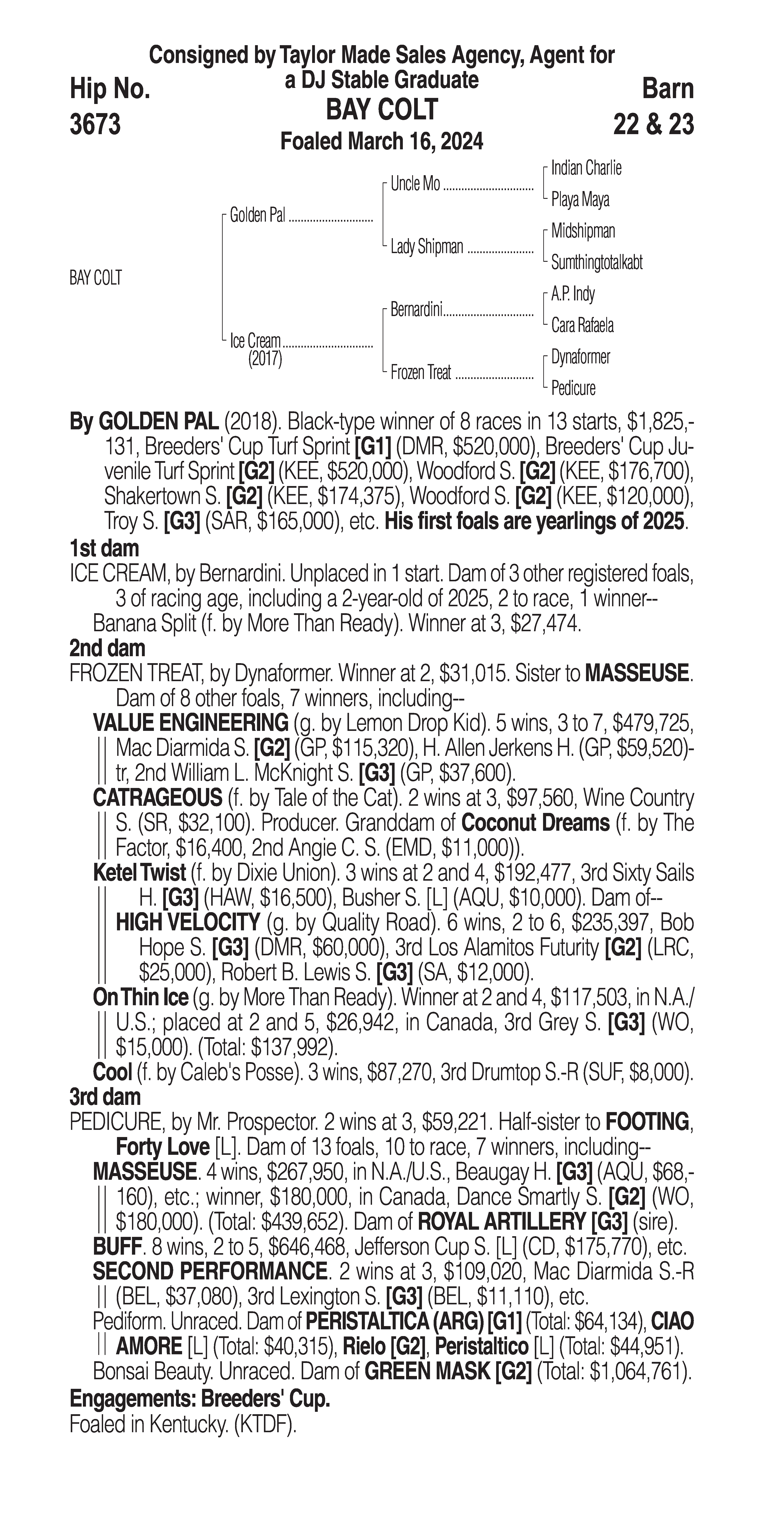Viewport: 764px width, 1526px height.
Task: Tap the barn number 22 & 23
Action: [x=653, y=125]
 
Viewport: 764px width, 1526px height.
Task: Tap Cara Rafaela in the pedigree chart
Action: [x=582, y=325]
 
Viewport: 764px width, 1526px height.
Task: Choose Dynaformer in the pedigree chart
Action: [x=580, y=357]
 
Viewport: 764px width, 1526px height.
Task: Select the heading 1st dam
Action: [x=104, y=548]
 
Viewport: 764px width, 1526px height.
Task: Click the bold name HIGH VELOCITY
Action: [x=188, y=922]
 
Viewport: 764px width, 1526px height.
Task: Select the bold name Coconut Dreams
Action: [x=535, y=823]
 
